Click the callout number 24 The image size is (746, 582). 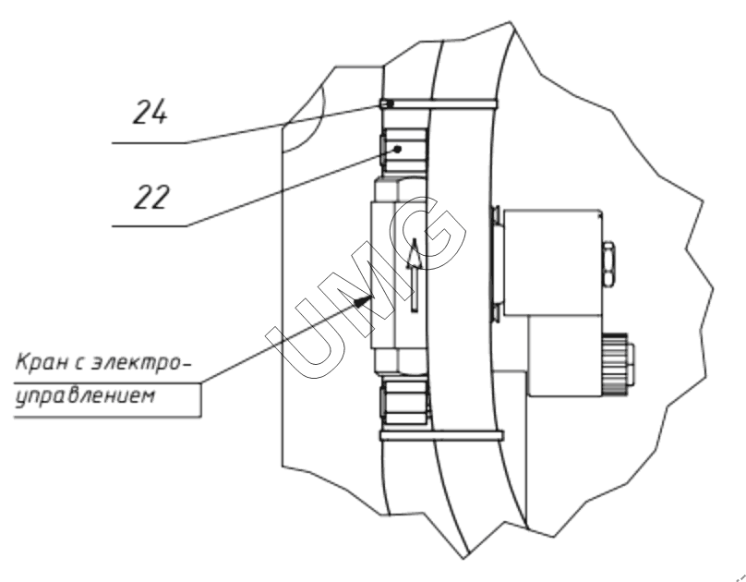(150, 112)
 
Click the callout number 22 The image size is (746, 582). (151, 197)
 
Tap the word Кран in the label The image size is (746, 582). (42, 363)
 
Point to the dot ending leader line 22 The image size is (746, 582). (398, 149)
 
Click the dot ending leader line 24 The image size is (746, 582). (391, 103)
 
